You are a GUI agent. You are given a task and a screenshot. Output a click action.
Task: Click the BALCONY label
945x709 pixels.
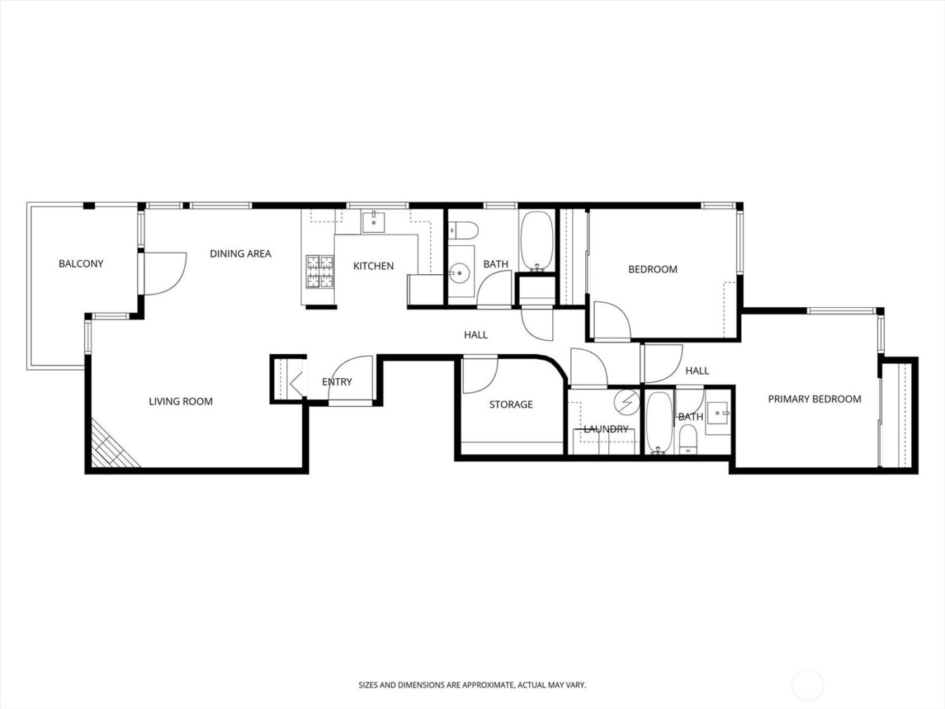pos(81,263)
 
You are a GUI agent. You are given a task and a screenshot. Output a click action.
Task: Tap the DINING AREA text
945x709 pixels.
pos(240,254)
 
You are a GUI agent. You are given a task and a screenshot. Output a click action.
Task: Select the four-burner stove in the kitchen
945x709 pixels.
pos(321,271)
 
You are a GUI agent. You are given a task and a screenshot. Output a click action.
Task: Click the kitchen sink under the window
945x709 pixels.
pos(373,221)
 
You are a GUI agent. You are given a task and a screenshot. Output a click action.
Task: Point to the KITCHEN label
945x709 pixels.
pos(373,266)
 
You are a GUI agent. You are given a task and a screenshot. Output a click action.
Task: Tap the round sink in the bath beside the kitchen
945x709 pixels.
pos(460,273)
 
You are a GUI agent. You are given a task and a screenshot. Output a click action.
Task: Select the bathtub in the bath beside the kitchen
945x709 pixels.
pos(537,241)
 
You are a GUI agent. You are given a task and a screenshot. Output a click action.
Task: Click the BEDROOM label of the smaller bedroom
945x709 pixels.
pos(652,269)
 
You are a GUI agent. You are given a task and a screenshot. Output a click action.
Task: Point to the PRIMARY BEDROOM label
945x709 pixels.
pos(814,399)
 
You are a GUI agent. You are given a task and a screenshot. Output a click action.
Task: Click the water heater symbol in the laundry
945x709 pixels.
pos(626,401)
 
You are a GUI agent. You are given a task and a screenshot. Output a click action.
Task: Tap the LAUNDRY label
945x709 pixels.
pos(605,429)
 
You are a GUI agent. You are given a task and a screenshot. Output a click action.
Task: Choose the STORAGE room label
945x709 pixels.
pos(511,404)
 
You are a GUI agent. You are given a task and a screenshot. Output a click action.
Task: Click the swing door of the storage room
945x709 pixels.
pos(479,373)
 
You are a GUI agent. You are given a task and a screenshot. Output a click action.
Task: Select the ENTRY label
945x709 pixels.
pos(337,382)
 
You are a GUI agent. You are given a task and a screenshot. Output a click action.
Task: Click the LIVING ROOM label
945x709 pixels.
pos(180,402)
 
